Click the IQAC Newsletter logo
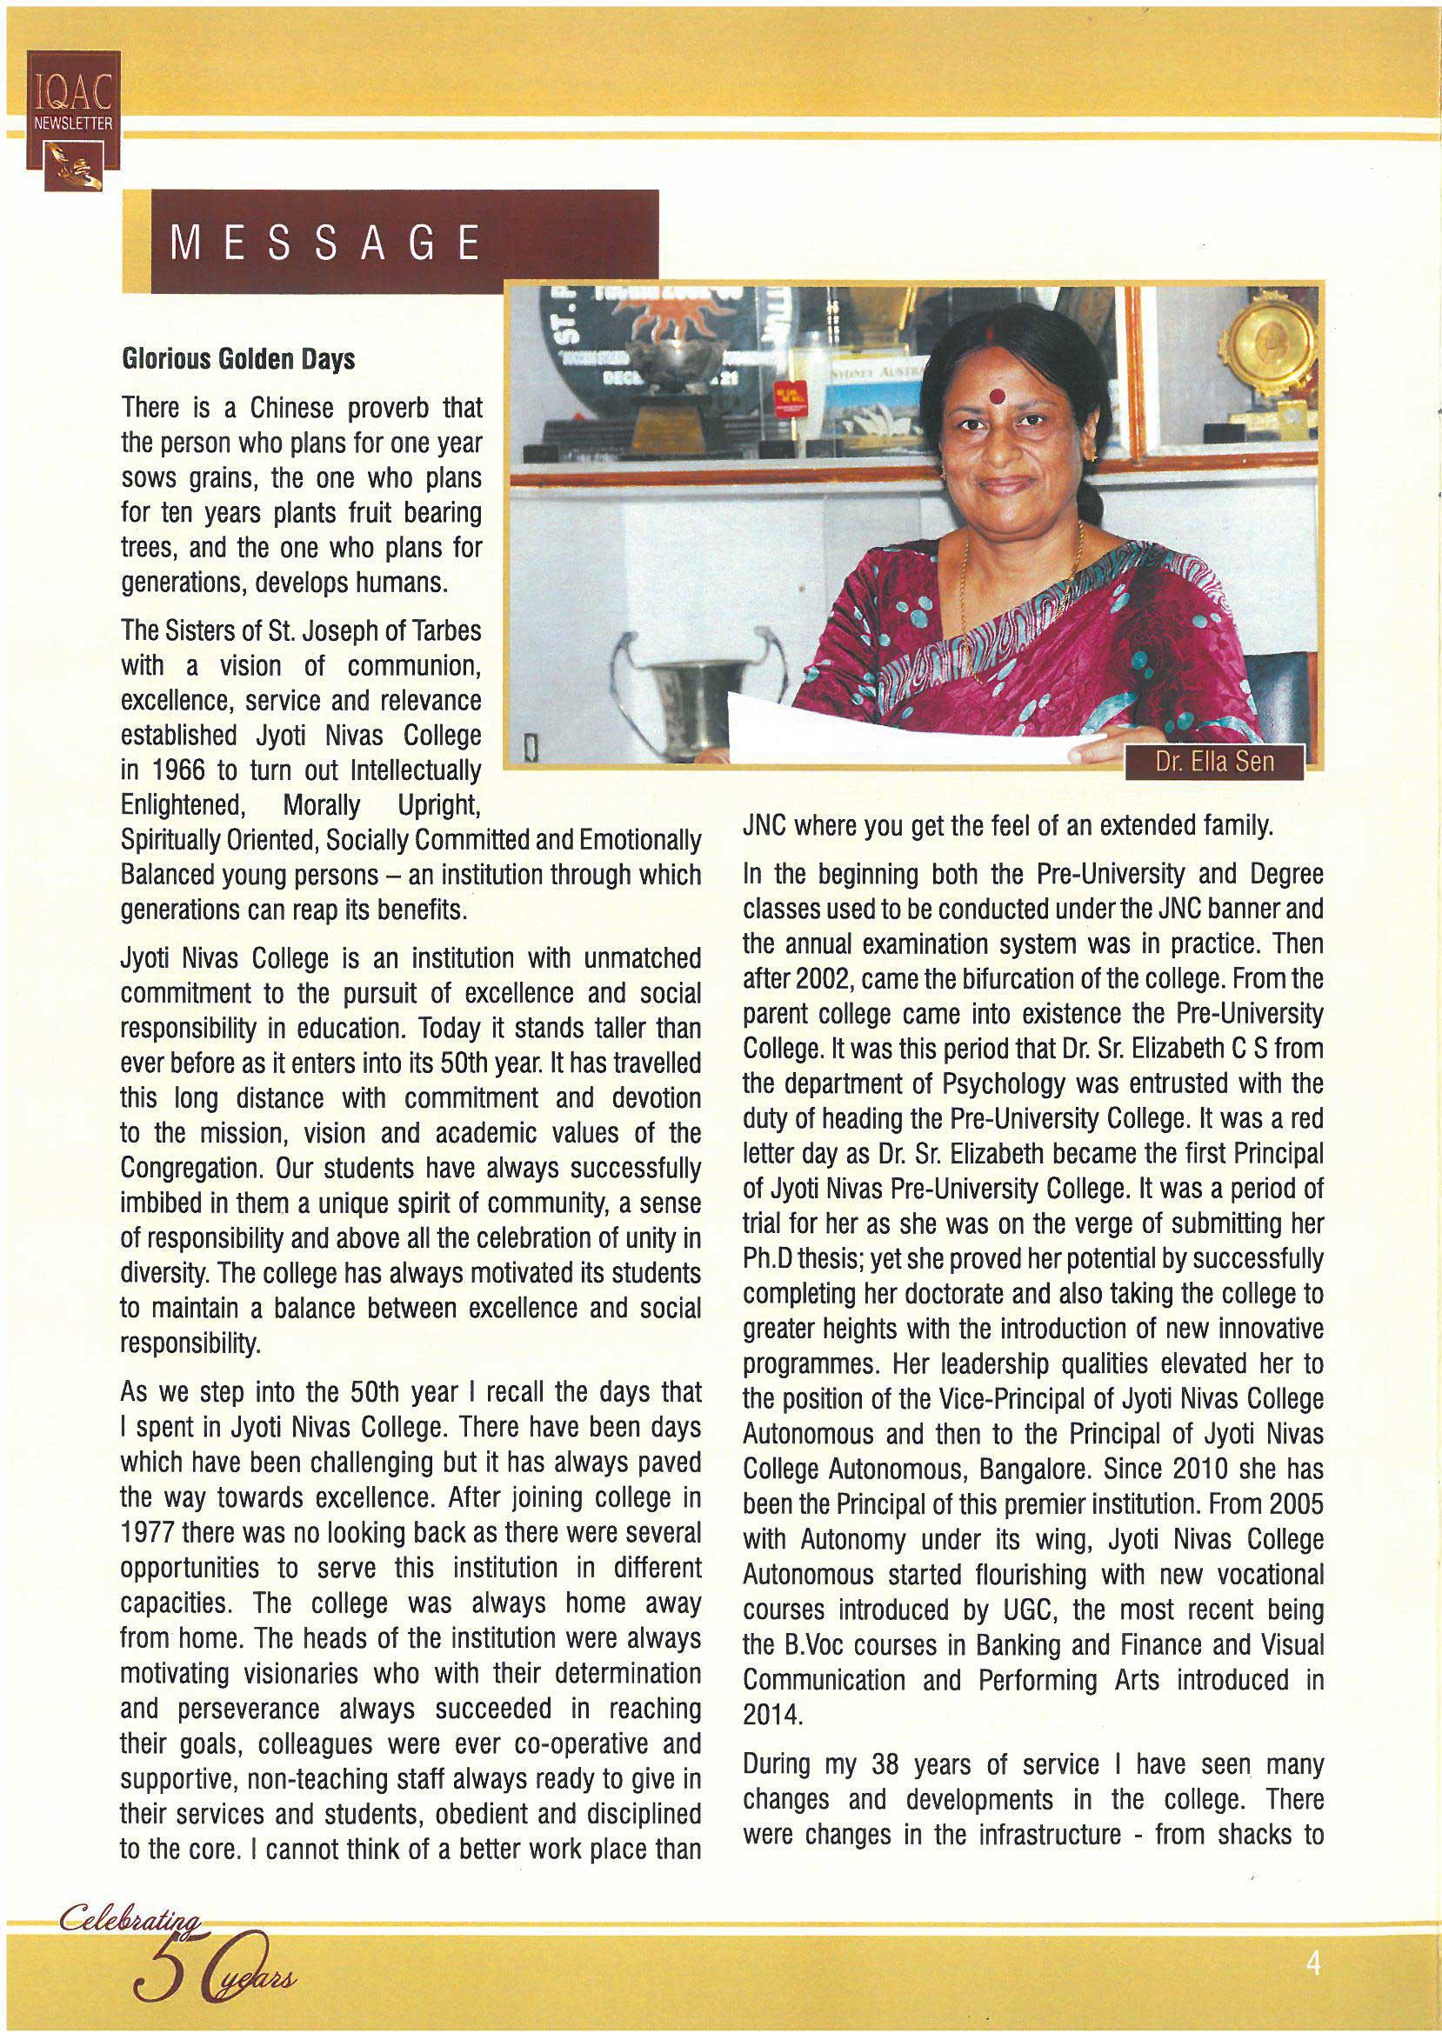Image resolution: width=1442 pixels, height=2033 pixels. tap(72, 120)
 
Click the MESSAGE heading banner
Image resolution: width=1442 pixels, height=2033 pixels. tap(391, 242)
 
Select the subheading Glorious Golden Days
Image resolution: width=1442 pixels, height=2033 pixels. tap(238, 358)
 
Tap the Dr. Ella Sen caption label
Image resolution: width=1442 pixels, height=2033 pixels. tap(1214, 762)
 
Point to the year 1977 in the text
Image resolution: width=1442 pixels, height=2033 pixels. tap(146, 1533)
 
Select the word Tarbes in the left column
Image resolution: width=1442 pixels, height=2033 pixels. tap(448, 630)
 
